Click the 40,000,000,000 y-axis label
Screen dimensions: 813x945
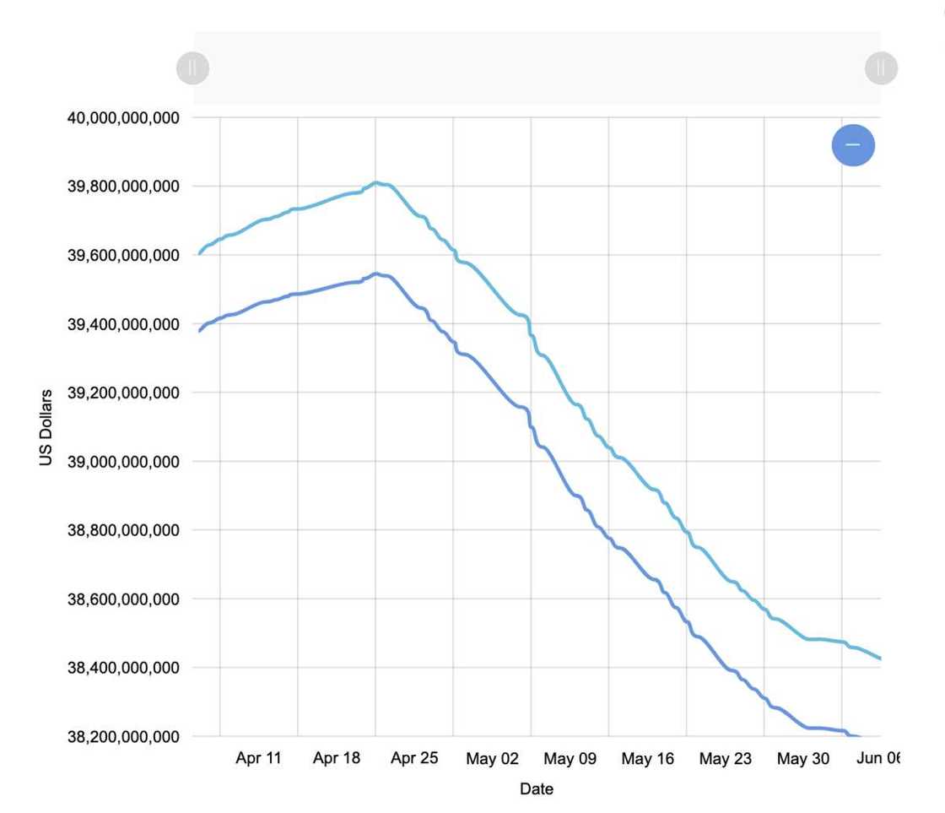[x=123, y=118]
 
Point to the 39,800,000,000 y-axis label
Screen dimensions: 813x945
[x=123, y=187]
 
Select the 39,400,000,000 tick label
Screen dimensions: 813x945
[x=123, y=324]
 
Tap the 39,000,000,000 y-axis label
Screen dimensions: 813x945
[x=123, y=462]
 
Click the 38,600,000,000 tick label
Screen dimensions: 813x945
[x=123, y=599]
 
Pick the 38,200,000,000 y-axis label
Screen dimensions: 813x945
[x=123, y=737]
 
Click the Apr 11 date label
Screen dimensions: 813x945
[x=258, y=758]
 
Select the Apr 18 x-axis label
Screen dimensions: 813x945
[x=336, y=758]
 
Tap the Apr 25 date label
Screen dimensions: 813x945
[x=414, y=758]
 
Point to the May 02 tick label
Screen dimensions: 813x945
[x=492, y=759]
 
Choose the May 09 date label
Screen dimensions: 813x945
[x=570, y=759]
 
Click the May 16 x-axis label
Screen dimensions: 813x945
[x=647, y=759]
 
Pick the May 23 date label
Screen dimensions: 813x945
[x=725, y=759]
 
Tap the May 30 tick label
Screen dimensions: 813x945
[x=802, y=759]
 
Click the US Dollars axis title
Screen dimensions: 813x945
[x=46, y=427]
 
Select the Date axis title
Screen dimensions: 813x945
[x=537, y=789]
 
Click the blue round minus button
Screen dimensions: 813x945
[x=853, y=145]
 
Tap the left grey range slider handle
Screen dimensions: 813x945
[x=192, y=68]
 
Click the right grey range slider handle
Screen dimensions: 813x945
[x=881, y=68]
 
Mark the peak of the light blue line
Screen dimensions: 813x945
[x=377, y=182]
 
